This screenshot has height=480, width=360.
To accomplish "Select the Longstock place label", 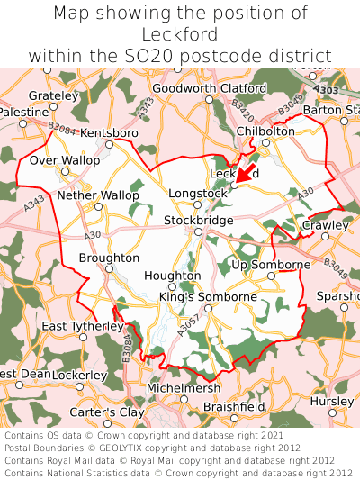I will [x=198, y=192].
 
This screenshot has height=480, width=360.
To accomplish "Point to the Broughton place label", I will [x=109, y=257].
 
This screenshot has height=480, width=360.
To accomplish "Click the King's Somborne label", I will [x=208, y=296].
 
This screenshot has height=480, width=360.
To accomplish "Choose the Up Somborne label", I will [x=271, y=265].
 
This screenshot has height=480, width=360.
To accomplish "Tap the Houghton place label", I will [x=172, y=276].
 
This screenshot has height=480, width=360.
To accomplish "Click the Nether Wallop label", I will [x=98, y=195].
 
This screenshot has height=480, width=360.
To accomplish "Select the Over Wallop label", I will [x=65, y=160].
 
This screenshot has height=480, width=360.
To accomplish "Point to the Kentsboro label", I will [x=109, y=133].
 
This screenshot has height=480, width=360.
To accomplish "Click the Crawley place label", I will [x=325, y=225].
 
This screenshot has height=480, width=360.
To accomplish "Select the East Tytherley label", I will [x=82, y=326].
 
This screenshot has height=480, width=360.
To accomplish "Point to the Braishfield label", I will [x=234, y=407].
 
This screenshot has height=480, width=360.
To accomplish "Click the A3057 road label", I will [x=185, y=329].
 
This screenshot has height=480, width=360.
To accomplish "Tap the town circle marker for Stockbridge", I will [x=197, y=231].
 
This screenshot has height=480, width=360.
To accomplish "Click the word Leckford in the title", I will [x=180, y=34].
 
